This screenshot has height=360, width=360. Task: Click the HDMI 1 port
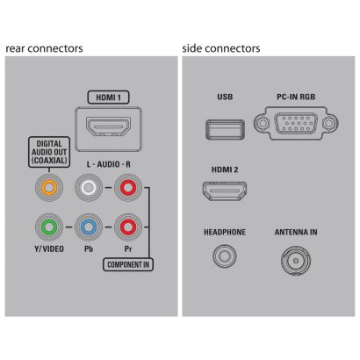coord(108,126)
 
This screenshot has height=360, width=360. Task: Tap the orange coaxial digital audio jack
coord(49,187)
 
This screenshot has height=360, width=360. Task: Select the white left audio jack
coord(89,187)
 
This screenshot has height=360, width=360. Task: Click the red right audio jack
coord(128,187)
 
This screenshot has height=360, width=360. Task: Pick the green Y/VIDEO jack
coord(49,227)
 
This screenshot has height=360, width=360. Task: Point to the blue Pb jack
coord(89,227)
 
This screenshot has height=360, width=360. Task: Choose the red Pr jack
coord(128,227)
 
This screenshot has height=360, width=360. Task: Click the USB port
coord(225,129)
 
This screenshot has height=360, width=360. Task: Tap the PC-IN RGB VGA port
coord(296,123)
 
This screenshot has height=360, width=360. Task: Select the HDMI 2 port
coord(225,191)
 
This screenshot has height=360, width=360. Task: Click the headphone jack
coord(225,256)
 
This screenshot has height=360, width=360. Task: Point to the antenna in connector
coord(296,260)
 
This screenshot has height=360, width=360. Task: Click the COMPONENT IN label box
coord(128,265)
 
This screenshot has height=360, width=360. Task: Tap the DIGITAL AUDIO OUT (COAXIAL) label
coord(49,152)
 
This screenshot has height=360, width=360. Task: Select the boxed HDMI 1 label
coord(108,97)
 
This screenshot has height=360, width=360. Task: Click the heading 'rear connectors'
coord(44,48)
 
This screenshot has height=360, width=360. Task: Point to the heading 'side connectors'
coord(221,48)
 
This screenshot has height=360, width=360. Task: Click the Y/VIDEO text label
coord(49,248)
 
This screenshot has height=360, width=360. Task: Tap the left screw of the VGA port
coord(263,123)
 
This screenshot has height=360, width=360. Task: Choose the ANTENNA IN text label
coord(296,233)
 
